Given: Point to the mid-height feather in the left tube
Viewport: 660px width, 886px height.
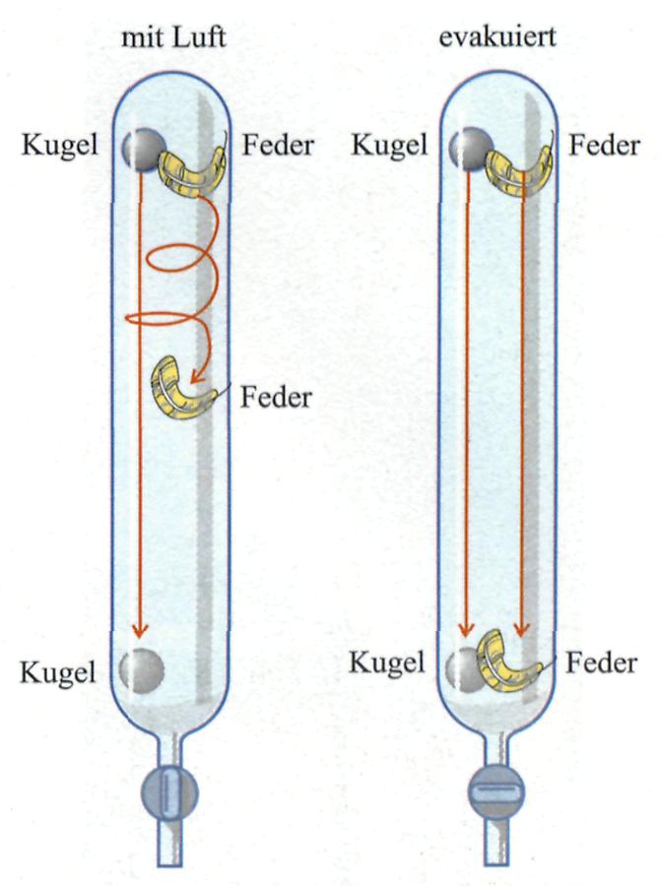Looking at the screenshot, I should click(185, 389).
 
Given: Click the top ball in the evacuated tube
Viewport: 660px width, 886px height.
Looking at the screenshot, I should click(467, 148).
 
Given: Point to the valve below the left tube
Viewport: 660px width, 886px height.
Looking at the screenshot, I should click(171, 793).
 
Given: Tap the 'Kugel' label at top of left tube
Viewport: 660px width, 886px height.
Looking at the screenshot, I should click(58, 148).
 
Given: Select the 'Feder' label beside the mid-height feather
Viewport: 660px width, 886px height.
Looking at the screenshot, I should click(276, 398).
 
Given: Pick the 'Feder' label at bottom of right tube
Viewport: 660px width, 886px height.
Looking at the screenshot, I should click(602, 664).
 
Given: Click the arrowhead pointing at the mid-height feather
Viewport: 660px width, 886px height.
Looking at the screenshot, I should click(196, 373).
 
